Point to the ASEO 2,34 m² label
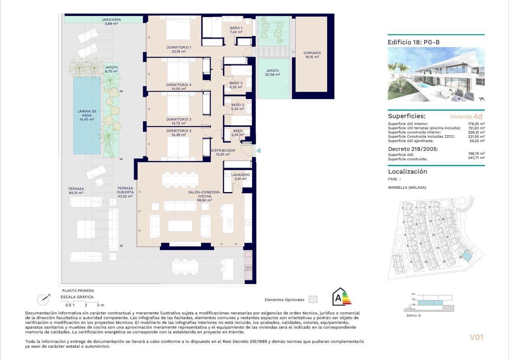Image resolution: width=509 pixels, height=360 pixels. click(237, 133)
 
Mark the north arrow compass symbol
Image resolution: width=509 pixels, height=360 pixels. click(43, 299)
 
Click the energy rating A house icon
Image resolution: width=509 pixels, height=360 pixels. click(341, 297)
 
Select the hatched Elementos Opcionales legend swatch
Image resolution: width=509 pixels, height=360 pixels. click(313, 300)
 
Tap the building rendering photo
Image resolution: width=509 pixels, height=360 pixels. click(436, 74)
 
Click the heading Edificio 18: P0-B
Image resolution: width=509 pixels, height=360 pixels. click(413, 42)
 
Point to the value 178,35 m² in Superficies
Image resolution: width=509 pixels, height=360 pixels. click(476, 124)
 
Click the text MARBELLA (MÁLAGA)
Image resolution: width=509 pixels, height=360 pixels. click(407, 187)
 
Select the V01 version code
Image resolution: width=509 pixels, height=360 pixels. click(476, 337)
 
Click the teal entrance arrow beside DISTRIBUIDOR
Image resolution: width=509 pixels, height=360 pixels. click(258, 151)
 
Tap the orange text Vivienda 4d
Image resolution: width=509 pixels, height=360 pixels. click(466, 117)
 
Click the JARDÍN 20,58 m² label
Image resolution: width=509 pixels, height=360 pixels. click(272, 73)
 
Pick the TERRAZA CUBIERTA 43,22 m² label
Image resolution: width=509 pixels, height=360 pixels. click(125, 192)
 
